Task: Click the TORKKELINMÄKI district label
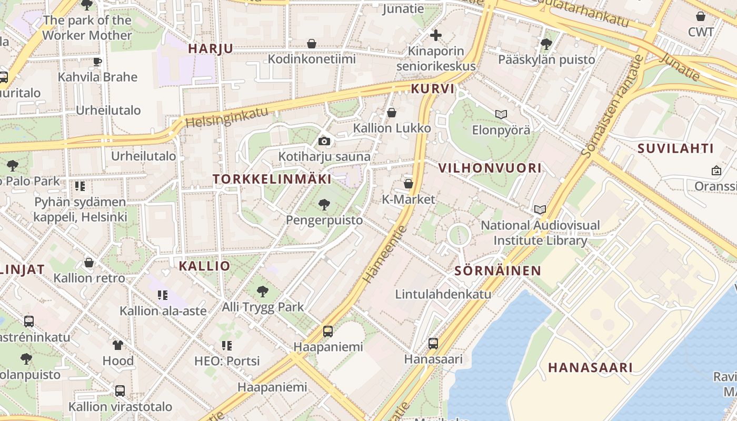coord(272,179)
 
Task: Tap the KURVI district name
coord(432,89)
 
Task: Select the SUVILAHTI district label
coord(675,148)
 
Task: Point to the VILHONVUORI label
coord(490,168)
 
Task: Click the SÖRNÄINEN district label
coord(497,271)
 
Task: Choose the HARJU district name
coord(211,48)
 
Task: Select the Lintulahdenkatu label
coord(443,294)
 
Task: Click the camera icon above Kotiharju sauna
coord(324,141)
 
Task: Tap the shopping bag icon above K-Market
coord(408,184)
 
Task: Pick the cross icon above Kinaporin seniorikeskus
coord(435,35)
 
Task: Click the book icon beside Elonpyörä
coord(501,114)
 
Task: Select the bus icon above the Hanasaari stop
coord(433,343)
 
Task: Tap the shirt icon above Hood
coord(118,345)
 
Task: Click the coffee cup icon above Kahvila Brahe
coord(97,62)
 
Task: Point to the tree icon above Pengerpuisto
coord(324,204)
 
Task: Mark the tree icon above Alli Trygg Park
coord(262,291)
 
